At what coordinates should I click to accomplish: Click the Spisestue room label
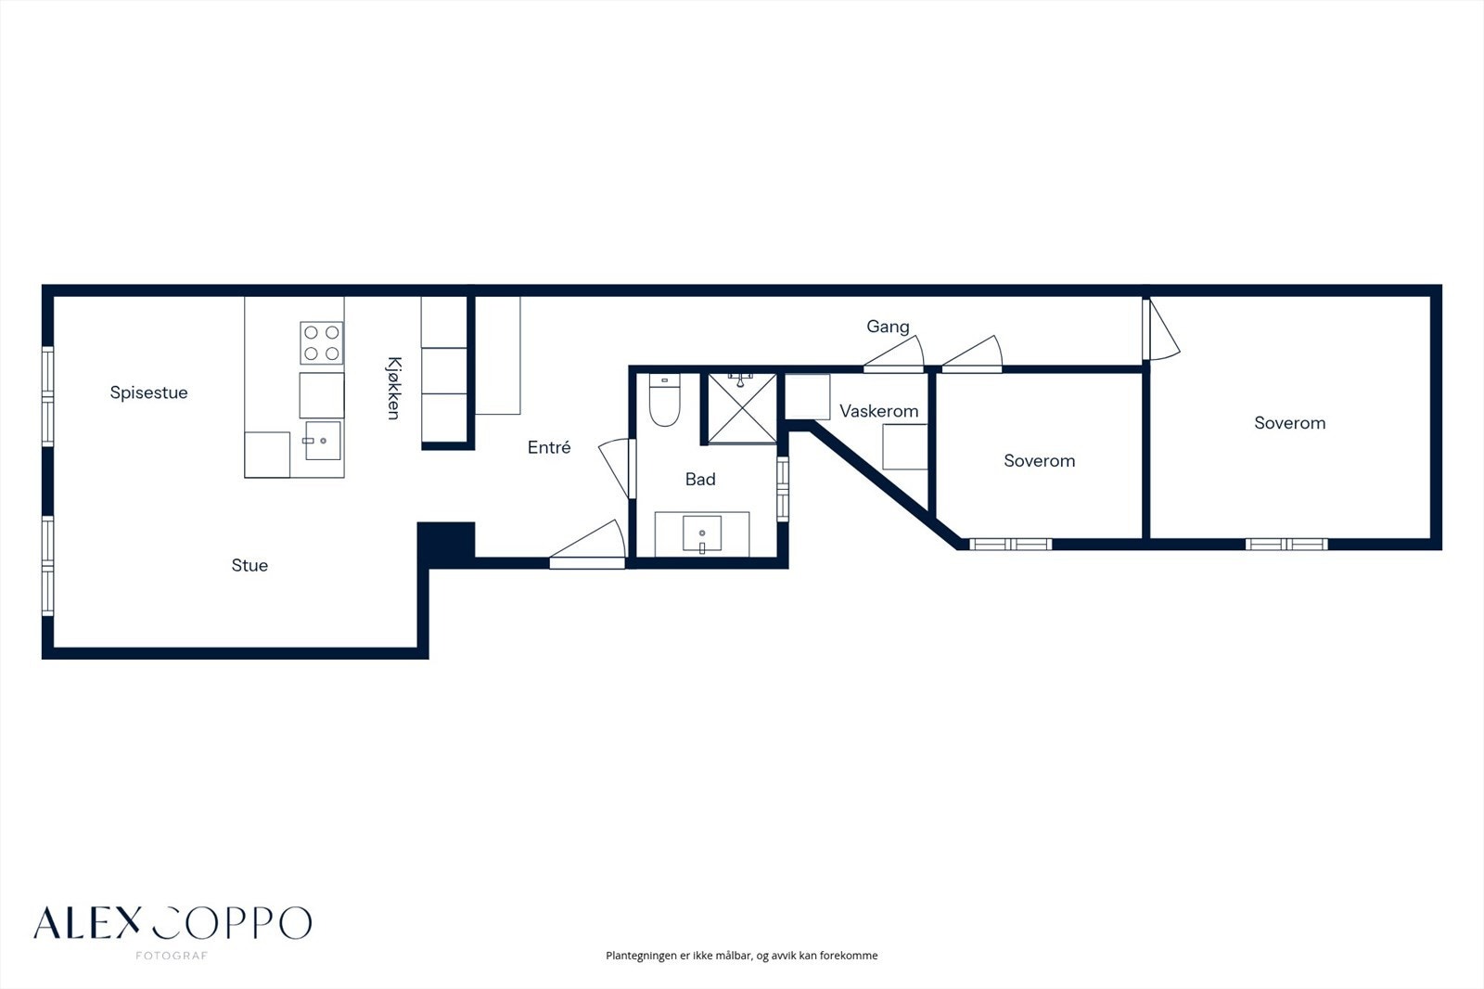pyautogui.click(x=148, y=392)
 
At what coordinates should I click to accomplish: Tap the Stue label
pyautogui.click(x=249, y=565)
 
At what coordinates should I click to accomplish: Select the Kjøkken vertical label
pyautogui.click(x=393, y=388)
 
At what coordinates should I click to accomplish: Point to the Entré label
pyautogui.click(x=549, y=447)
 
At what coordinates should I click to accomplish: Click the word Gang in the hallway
pyautogui.click(x=888, y=327)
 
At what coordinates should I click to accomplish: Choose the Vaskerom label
pyautogui.click(x=878, y=411)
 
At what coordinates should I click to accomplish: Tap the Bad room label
pyautogui.click(x=700, y=480)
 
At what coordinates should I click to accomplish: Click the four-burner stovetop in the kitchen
pyautogui.click(x=321, y=342)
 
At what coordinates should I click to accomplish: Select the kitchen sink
pyautogui.click(x=322, y=441)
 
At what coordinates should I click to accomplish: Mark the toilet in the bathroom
pyautogui.click(x=664, y=401)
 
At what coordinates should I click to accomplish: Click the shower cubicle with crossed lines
pyautogui.click(x=741, y=408)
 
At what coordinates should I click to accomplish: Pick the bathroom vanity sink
pyautogui.click(x=702, y=533)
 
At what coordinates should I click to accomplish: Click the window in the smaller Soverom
pyautogui.click(x=1010, y=544)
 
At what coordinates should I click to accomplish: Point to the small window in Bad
pyautogui.click(x=783, y=488)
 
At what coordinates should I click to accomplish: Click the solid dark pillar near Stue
pyautogui.click(x=446, y=540)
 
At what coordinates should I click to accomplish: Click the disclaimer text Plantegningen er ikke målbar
pyautogui.click(x=741, y=956)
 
